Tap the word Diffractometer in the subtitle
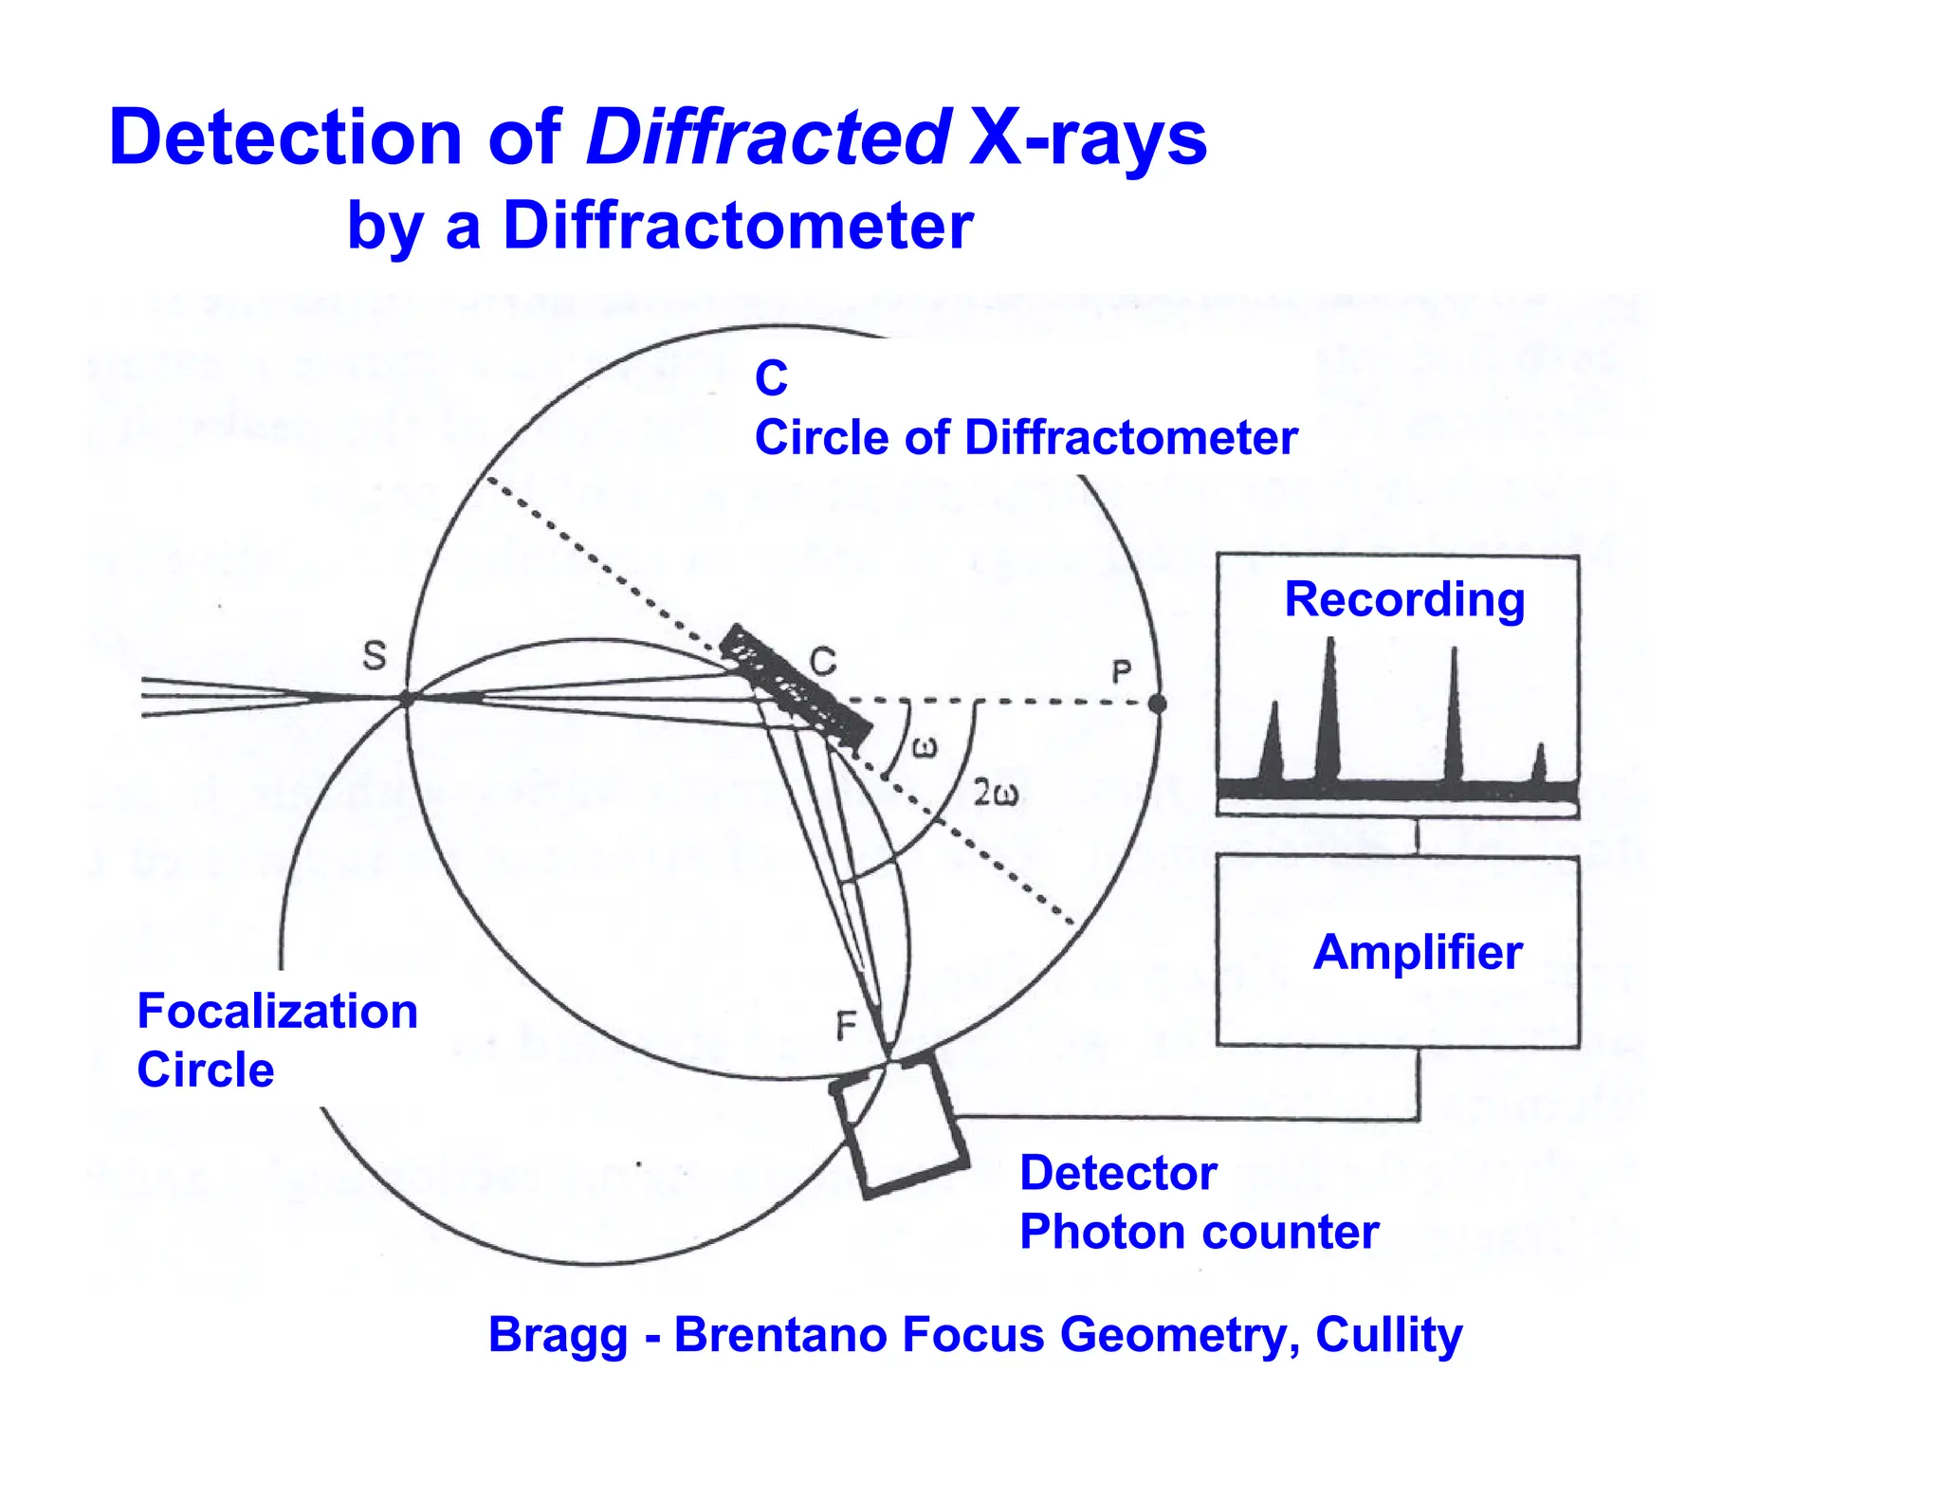pos(738,227)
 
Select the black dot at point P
pos(1157,704)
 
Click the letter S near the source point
pos(376,655)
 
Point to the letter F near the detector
pos(846,1025)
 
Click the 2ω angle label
pos(997,793)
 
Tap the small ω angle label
pos(925,748)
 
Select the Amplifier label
pos(1418,952)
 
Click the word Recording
pos(1404,599)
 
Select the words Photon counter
pos(1199,1233)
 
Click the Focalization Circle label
pos(277,1040)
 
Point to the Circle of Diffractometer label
pos(1025,438)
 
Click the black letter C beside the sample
pos(823,661)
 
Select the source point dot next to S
pos(406,700)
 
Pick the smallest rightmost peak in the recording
pos(1539,764)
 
